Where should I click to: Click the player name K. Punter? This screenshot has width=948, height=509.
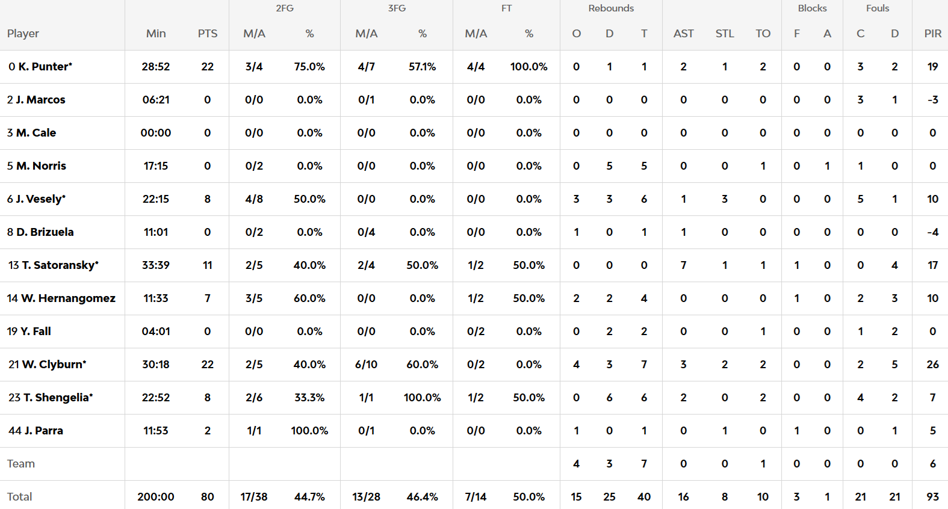coord(45,67)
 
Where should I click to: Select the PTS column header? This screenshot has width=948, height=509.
coord(208,34)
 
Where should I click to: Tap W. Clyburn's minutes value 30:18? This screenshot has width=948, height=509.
coord(156,365)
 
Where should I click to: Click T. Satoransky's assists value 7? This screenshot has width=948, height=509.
coord(683,265)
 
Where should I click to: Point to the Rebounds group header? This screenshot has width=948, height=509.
coord(611,8)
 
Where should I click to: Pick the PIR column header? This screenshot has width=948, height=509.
coord(932,34)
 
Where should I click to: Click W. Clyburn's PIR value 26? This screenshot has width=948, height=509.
coord(932,365)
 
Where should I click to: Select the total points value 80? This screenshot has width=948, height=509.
coord(208,497)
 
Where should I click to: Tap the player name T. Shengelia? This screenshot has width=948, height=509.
coord(58,398)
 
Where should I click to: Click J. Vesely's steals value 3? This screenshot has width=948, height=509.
coord(725,199)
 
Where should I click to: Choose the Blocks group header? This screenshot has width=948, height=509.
coord(812,8)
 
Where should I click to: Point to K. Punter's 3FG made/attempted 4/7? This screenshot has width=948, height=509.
coord(367,67)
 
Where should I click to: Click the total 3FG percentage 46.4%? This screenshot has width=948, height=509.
coord(422,497)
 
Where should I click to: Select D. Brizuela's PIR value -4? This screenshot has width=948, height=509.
coord(932,232)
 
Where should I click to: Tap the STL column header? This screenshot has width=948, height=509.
coord(725,34)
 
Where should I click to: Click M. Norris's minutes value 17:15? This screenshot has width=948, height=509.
coord(156,166)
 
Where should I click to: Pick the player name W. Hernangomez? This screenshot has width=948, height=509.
coord(67,298)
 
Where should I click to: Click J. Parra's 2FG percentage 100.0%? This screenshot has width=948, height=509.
coord(309,431)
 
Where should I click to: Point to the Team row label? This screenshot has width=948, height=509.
coord(21,464)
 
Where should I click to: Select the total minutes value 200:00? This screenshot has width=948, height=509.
coord(156,497)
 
